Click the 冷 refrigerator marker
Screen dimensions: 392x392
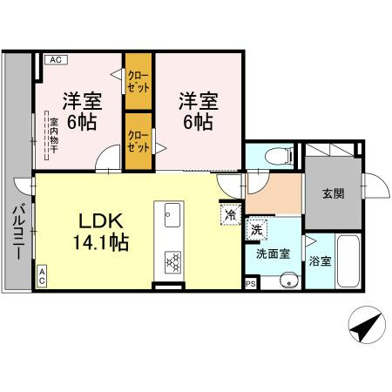click(x=231, y=213)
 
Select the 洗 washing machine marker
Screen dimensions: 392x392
click(x=256, y=230)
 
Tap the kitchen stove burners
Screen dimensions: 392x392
click(x=172, y=260)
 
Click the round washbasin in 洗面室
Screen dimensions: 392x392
click(x=290, y=280)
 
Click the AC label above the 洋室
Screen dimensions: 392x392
click(x=54, y=59)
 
